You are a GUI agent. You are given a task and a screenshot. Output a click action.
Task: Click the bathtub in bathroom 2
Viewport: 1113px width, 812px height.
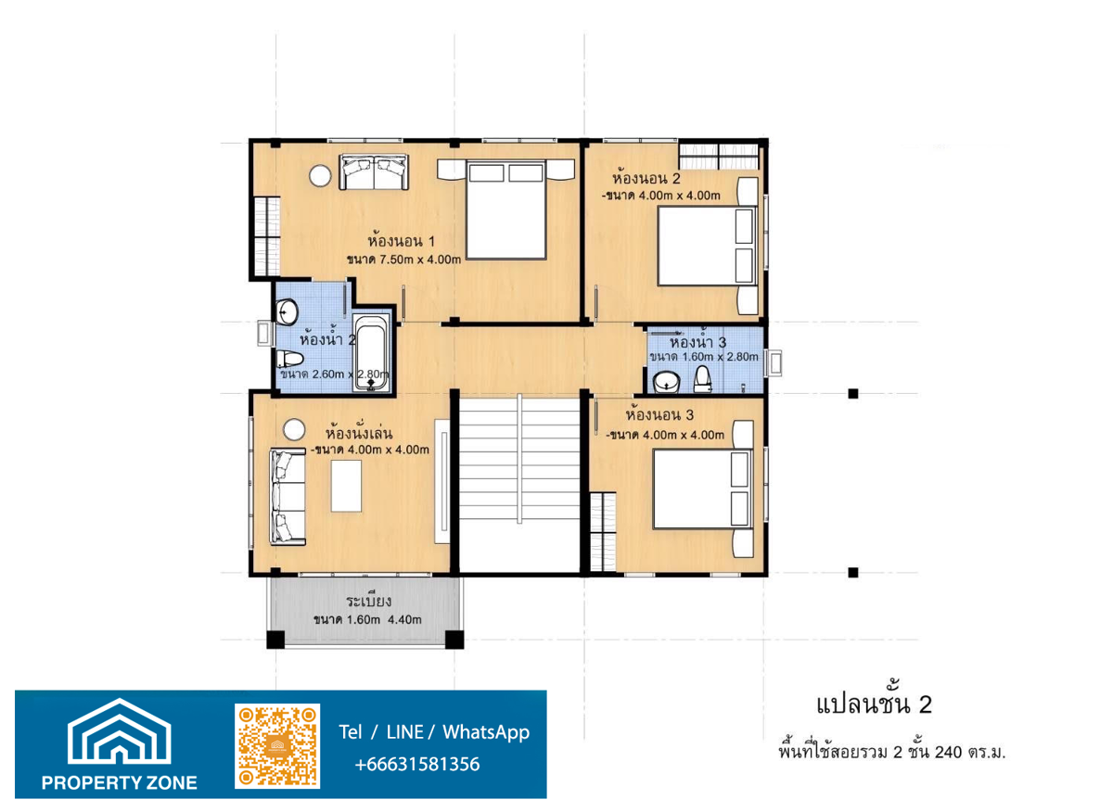372,353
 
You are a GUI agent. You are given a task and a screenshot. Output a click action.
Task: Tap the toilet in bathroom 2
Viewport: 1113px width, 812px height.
289,359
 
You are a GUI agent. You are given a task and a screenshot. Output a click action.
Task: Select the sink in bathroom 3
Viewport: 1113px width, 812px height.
666,383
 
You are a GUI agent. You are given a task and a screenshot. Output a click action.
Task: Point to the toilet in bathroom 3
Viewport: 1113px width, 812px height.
702,380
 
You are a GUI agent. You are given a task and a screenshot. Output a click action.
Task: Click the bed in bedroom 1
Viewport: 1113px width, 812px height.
505,209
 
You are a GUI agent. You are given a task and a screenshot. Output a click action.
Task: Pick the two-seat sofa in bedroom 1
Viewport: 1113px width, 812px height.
374,171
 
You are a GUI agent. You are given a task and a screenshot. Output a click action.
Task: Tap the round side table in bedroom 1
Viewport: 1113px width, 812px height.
320,176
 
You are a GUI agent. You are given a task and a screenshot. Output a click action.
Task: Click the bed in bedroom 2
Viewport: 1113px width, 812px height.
708,246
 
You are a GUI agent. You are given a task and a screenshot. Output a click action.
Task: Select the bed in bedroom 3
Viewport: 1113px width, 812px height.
703,489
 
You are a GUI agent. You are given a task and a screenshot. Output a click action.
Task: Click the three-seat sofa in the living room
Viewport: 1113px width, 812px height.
288,497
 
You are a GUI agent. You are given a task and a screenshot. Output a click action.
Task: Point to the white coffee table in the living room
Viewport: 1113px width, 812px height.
346,486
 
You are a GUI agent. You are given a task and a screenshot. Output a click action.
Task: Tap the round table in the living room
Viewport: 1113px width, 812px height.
294,429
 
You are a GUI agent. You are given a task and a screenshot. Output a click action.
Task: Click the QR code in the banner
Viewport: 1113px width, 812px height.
277,746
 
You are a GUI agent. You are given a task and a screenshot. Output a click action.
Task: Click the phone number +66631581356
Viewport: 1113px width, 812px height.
417,765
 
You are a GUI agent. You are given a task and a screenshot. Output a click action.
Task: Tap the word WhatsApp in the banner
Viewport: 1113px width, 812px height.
486,732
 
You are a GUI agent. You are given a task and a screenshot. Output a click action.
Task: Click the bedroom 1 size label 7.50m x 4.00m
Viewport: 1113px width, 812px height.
420,260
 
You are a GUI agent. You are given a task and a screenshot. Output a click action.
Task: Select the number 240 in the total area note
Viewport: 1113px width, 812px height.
949,753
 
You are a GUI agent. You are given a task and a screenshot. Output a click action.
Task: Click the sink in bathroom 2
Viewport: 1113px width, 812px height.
287,311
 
